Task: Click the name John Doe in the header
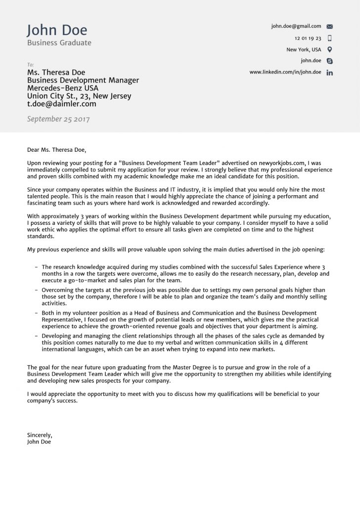(x=57, y=30)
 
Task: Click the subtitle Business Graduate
(x=59, y=43)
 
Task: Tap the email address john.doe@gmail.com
(x=296, y=26)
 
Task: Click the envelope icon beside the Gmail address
(x=330, y=27)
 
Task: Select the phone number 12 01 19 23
(x=308, y=38)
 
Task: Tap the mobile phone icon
(x=330, y=38)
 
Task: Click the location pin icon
(x=330, y=49)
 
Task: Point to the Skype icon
(x=330, y=61)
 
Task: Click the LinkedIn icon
(x=330, y=73)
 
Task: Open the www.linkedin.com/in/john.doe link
(x=285, y=72)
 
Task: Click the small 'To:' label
(x=30, y=65)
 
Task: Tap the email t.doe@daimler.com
(x=61, y=104)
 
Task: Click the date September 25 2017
(x=58, y=119)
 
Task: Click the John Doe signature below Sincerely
(x=39, y=442)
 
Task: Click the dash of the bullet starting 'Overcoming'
(x=37, y=290)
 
